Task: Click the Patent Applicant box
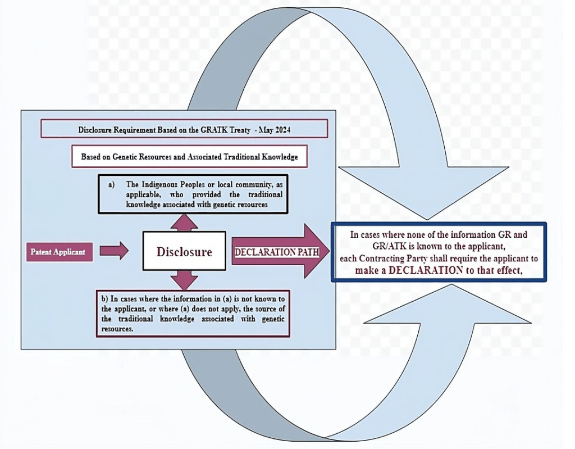pyautogui.click(x=58, y=251)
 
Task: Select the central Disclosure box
pyautogui.click(x=184, y=251)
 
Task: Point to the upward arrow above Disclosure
pyautogui.click(x=184, y=223)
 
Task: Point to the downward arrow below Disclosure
pyautogui.click(x=184, y=279)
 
